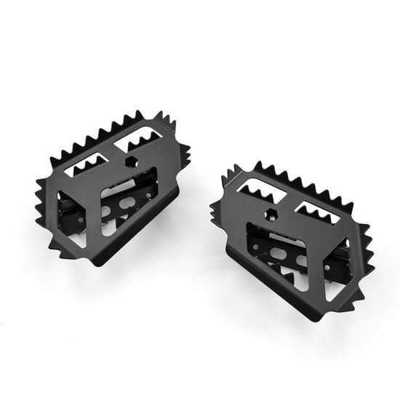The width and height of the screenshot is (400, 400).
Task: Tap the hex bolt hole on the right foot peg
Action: click(x=271, y=215)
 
